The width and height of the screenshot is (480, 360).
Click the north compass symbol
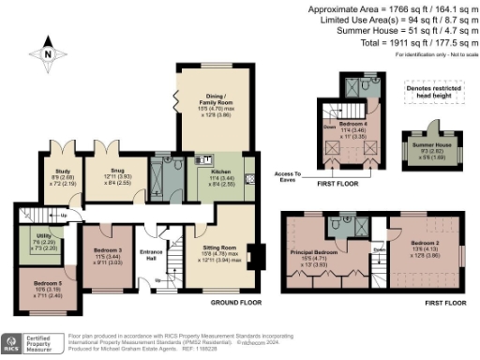coord(47,55)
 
